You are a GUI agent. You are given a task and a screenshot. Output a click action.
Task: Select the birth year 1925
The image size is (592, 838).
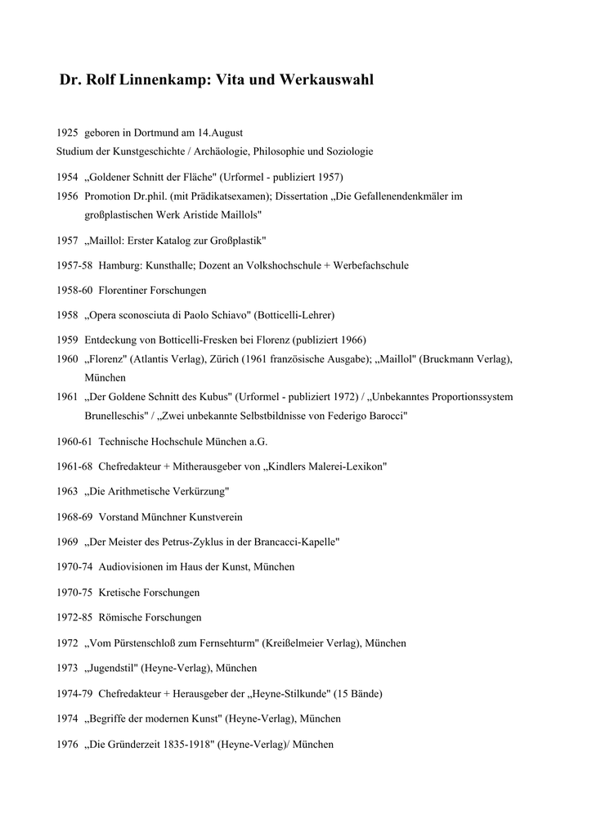67,133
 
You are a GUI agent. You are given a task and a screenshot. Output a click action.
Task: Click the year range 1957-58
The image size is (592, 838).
74,265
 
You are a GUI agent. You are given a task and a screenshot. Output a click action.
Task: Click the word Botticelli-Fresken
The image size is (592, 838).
189,340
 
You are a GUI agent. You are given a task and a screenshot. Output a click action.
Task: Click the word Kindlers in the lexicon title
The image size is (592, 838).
291,466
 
